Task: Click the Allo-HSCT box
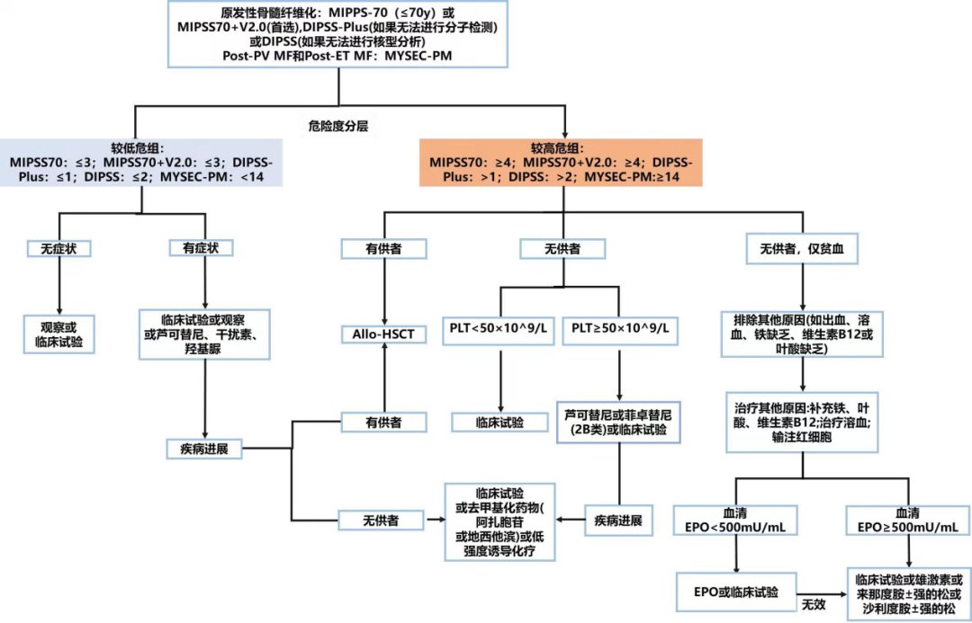click(384, 335)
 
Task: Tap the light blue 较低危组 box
click(141, 163)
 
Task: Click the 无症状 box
click(59, 247)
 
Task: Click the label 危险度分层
click(338, 128)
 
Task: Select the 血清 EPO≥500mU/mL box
click(907, 519)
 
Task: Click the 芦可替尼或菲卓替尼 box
click(617, 422)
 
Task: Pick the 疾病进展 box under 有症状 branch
click(204, 447)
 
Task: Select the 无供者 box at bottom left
click(382, 519)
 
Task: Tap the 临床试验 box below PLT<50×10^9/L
click(500, 422)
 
